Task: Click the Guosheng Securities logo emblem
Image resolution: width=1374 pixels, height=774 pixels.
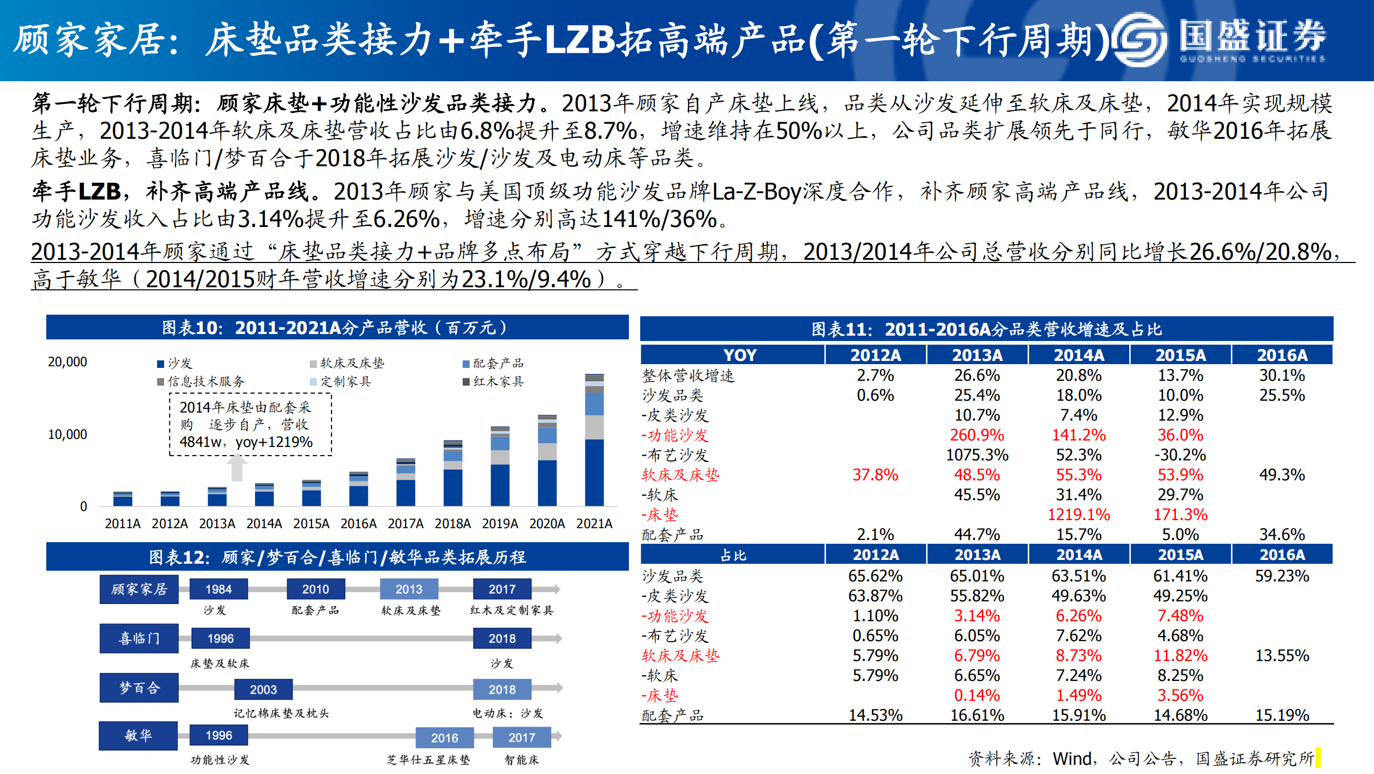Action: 1140,40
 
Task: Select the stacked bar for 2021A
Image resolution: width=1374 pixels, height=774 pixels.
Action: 594,441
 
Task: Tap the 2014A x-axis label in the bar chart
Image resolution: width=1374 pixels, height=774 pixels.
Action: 264,523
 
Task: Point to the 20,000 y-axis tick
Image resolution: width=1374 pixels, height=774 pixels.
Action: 67,362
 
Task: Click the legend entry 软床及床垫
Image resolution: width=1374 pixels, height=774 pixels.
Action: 347,364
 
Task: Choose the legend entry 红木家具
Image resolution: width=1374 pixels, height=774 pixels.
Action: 493,382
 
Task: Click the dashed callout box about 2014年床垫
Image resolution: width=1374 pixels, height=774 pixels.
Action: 251,424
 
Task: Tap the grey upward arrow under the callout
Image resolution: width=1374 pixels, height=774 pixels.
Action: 237,467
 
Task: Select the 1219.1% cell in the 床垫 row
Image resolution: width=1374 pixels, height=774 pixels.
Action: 1078,515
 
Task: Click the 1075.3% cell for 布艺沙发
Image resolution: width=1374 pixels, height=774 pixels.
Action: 976,455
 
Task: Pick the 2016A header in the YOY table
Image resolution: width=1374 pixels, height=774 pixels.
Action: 1281,355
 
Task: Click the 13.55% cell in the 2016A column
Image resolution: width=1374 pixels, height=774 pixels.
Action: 1281,656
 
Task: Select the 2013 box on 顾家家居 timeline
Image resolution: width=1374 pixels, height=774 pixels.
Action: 409,589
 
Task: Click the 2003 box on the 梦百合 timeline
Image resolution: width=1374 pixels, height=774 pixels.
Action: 263,690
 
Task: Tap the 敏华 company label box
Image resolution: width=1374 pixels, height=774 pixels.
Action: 138,735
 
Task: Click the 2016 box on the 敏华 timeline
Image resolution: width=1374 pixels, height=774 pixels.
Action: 444,738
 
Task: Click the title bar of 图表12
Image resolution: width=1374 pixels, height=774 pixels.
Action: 337,557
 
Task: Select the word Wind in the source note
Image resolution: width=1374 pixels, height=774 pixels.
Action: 1072,758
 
